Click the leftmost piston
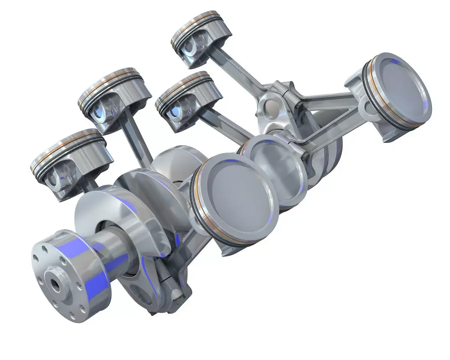click(x=71, y=161)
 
